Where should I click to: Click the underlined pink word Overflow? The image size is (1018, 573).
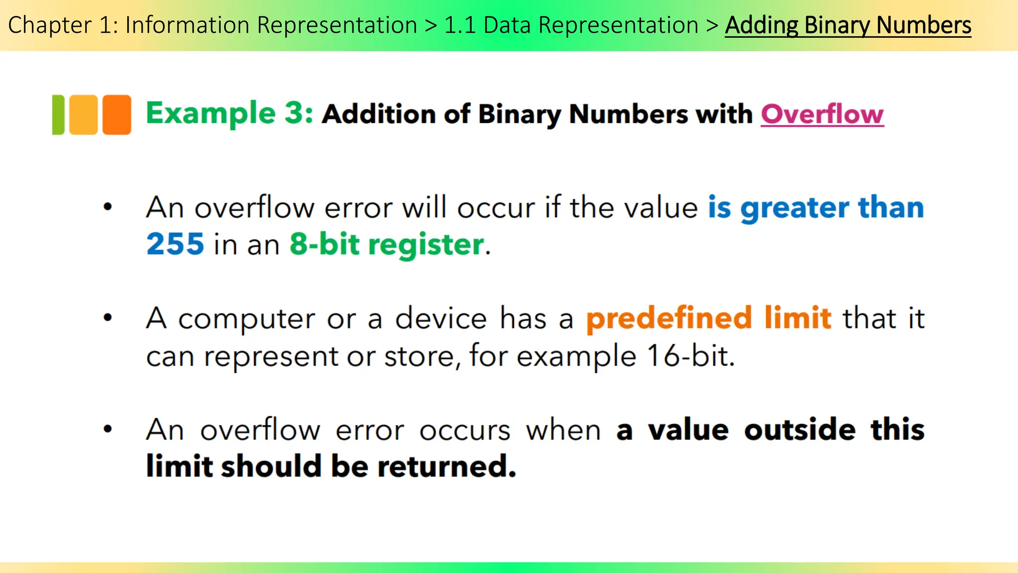[822, 114]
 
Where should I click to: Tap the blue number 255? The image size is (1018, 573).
[175, 244]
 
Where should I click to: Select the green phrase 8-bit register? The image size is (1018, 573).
[387, 244]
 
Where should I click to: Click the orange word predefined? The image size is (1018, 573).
[669, 318]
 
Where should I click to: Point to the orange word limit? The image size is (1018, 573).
[798, 318]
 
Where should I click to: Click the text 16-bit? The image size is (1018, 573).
[690, 356]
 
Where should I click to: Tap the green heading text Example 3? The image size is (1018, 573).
[229, 113]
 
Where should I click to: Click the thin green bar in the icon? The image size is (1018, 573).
[58, 114]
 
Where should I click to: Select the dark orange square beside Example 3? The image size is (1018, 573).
[117, 114]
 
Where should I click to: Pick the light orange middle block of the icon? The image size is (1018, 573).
[83, 114]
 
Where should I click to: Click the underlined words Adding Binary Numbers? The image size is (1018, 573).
[848, 25]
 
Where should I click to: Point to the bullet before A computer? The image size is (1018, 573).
[108, 317]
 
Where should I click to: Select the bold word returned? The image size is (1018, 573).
[446, 467]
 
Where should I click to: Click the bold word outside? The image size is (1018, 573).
[800, 430]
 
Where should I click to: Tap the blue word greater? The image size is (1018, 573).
[794, 207]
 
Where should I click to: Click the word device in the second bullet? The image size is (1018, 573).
[441, 318]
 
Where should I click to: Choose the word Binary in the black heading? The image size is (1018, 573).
[519, 114]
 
